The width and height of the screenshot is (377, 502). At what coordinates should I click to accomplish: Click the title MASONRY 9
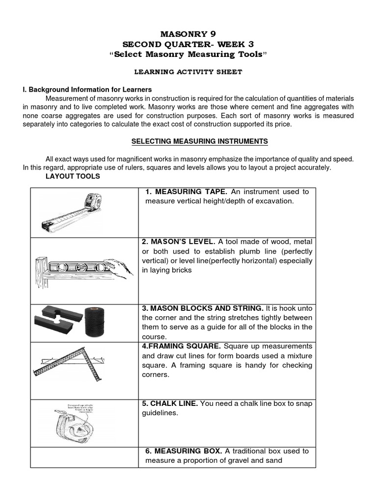(188, 34)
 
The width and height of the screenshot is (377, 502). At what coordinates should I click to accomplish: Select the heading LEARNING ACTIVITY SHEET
(188, 72)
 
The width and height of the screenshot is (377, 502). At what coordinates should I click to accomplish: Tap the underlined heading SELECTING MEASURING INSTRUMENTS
(199, 141)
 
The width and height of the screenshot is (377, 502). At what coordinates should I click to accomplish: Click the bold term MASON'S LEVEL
(178, 242)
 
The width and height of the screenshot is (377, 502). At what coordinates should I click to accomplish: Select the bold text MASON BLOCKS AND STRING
(202, 308)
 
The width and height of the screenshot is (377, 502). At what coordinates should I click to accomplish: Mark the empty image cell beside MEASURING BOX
(84, 457)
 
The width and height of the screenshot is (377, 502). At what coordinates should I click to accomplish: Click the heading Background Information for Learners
(87, 90)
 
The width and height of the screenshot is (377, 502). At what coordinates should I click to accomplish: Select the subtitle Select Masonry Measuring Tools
(188, 53)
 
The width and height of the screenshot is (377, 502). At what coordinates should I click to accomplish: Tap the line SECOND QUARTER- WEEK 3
(188, 44)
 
